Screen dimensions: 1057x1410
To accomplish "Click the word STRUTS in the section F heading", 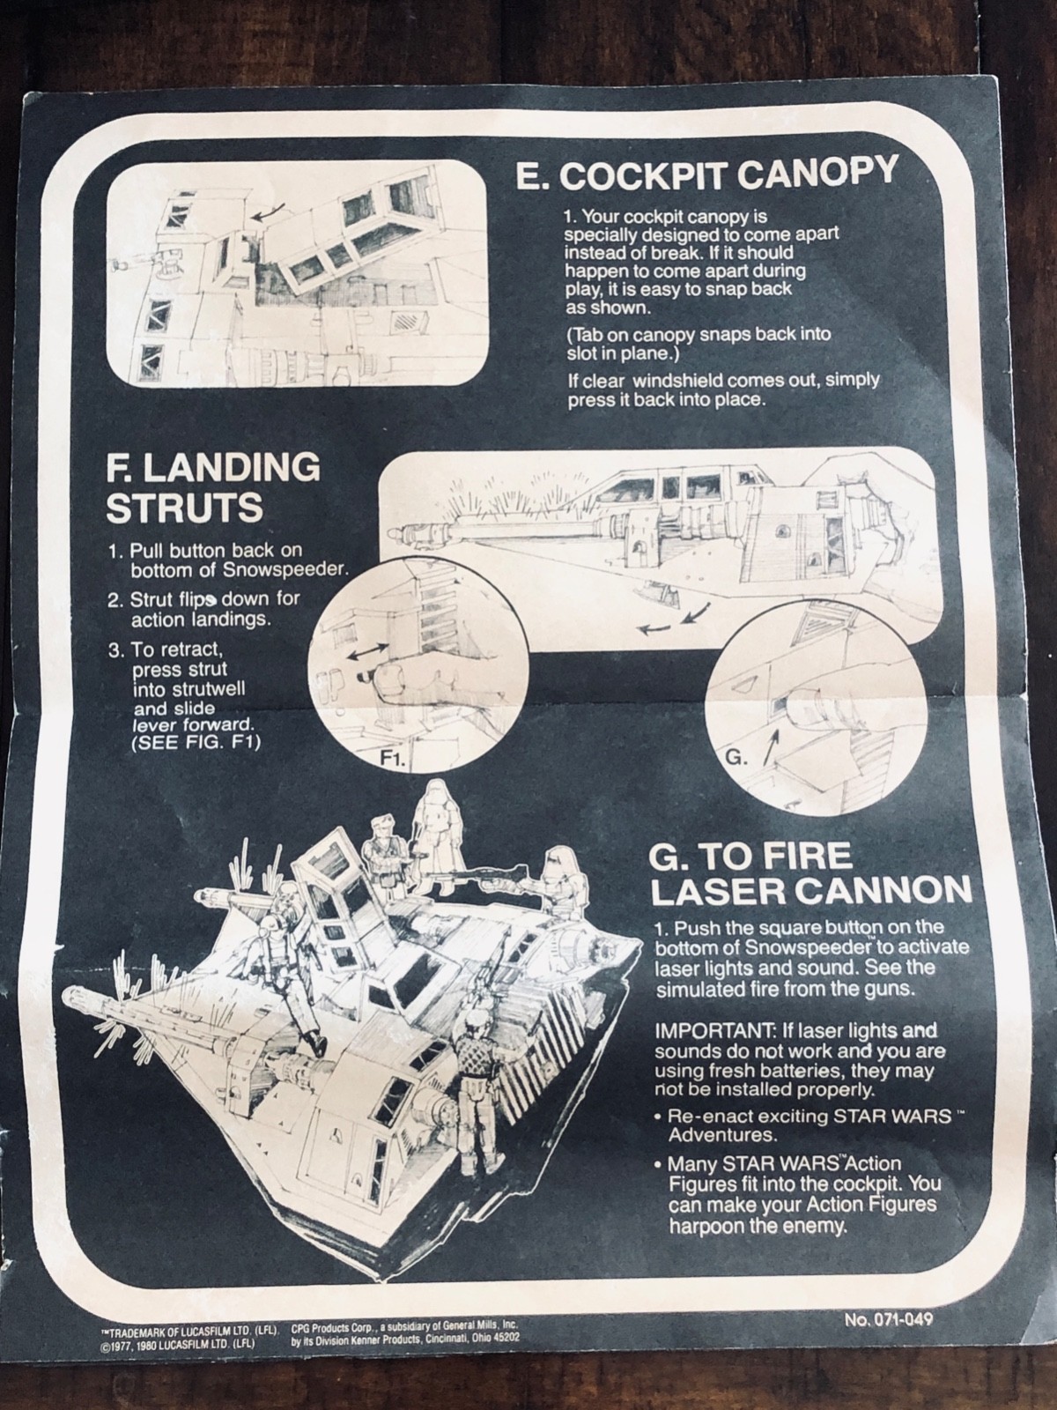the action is point(185,508).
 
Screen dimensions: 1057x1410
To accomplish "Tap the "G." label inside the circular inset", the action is point(735,757).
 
